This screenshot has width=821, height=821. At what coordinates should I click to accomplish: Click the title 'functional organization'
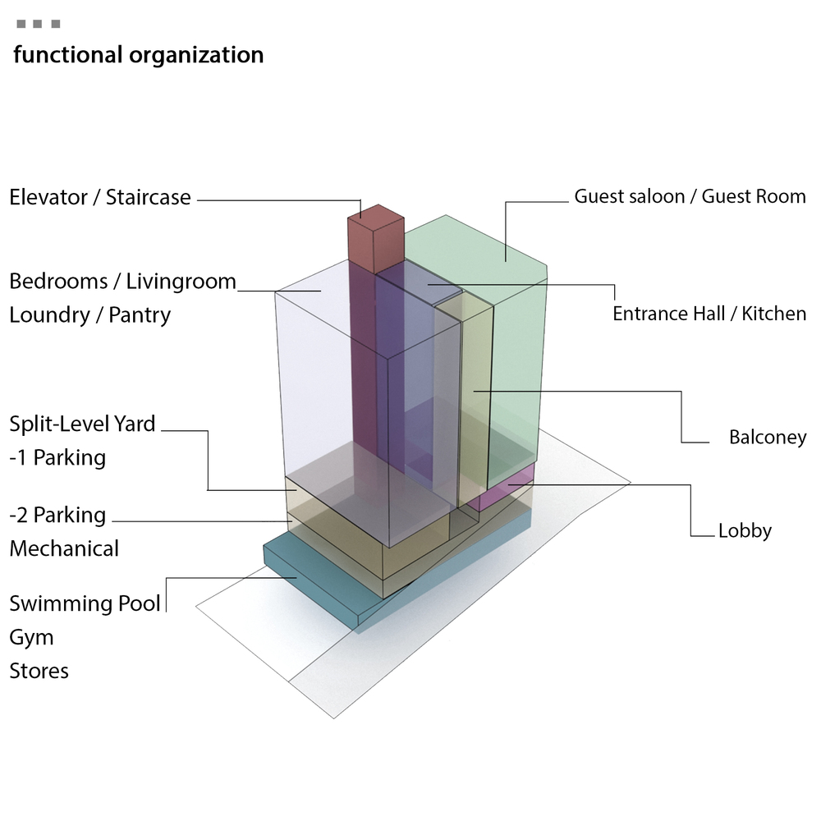click(x=138, y=56)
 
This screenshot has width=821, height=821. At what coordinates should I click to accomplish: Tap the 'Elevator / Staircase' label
click(x=100, y=198)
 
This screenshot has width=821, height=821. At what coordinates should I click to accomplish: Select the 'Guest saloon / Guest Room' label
click(x=690, y=197)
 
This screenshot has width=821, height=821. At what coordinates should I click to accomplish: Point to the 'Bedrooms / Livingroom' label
click(x=122, y=282)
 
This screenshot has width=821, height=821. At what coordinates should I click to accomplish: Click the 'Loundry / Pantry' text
click(x=89, y=315)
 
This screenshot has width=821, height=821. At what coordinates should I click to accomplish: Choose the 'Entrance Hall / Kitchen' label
click(x=709, y=314)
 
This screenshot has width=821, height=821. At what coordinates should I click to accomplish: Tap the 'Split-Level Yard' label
click(x=82, y=424)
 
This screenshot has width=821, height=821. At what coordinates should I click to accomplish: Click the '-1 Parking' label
click(x=57, y=457)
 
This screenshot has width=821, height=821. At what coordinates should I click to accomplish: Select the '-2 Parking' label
click(x=57, y=516)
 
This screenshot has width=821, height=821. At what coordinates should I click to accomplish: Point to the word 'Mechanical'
click(x=64, y=548)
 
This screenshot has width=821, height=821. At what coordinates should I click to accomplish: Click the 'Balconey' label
click(x=768, y=438)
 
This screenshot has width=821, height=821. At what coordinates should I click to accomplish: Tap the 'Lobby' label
click(x=745, y=531)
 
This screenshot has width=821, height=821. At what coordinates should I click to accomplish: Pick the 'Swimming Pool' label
click(x=85, y=604)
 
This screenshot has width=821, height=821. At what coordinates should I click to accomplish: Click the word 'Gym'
click(x=31, y=638)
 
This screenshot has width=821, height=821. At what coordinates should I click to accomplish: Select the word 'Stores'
click(x=39, y=671)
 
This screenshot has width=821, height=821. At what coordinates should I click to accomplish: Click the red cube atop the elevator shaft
click(x=376, y=238)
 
